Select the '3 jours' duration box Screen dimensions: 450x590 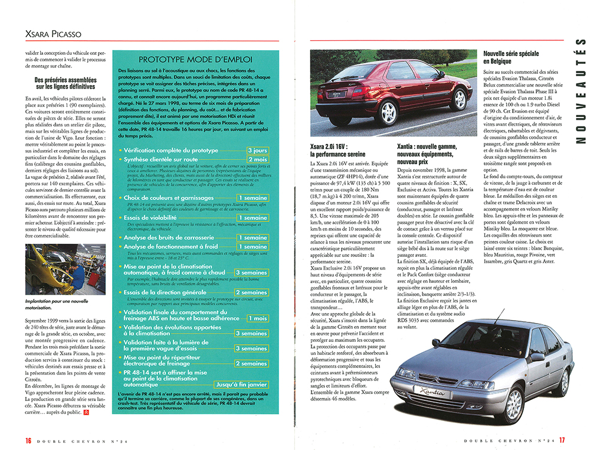point(257,151)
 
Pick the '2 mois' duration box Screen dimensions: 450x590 point(257,159)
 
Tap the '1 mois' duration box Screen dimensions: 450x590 point(257,318)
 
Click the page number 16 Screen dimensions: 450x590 point(28,440)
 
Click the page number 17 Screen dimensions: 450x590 point(562,440)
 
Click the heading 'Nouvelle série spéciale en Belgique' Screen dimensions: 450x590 point(511,57)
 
